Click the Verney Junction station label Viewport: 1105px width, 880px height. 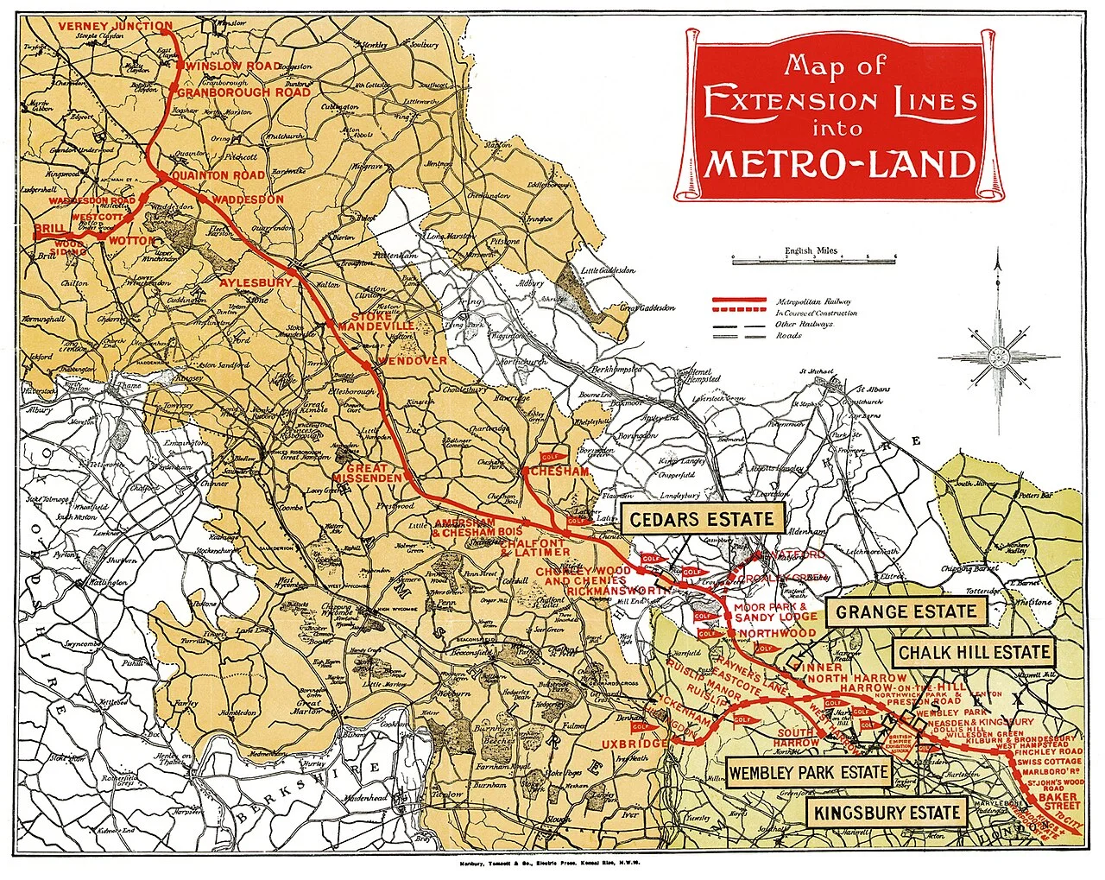(116, 26)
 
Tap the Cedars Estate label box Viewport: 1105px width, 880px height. (702, 519)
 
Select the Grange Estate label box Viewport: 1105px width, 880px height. (906, 612)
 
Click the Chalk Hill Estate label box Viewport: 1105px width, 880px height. (974, 653)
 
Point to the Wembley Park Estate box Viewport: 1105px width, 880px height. (808, 773)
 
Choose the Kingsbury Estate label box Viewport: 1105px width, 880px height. (887, 813)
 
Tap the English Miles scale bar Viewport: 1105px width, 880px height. (812, 258)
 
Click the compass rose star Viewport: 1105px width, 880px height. (999, 355)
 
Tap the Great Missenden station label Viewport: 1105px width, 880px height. (368, 472)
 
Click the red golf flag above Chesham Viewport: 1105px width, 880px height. (551, 456)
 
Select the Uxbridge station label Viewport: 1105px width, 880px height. (635, 744)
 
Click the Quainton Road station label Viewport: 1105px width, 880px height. (218, 175)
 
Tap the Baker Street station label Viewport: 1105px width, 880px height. (1058, 801)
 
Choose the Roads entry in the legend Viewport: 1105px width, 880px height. (788, 336)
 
